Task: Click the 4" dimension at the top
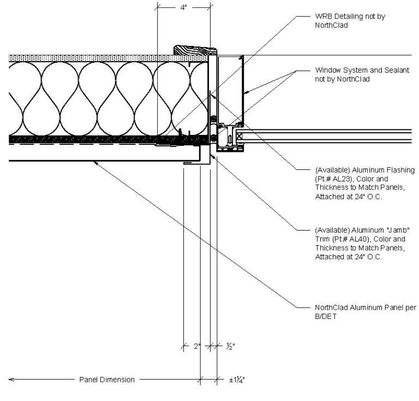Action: [183, 8]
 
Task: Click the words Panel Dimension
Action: [106, 380]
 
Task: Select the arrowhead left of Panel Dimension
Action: [11, 380]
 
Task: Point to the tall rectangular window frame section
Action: [230, 87]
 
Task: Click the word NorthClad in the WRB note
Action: [332, 25]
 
